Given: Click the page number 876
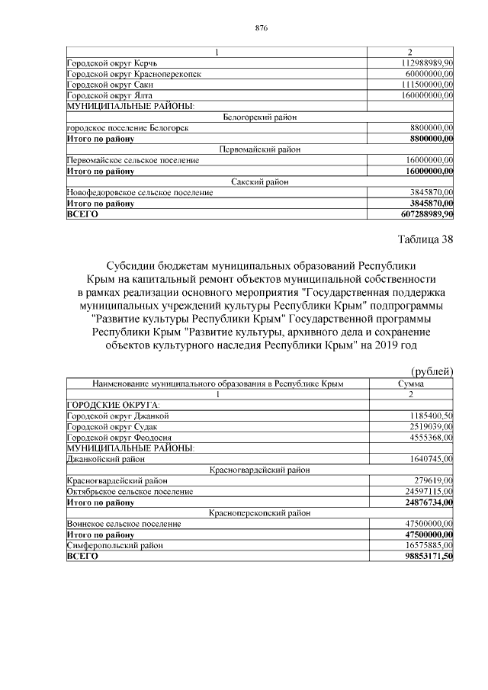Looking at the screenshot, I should (x=261, y=27).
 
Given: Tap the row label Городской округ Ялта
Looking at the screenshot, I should (x=110, y=95).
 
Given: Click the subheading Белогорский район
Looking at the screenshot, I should (x=260, y=117).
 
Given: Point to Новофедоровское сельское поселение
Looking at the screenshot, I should (x=140, y=193).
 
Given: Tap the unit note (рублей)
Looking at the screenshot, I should (x=427, y=371).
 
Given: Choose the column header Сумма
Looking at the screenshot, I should (x=411, y=383).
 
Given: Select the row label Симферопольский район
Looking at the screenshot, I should (x=114, y=546).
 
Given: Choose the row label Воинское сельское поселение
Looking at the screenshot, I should (x=124, y=525).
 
